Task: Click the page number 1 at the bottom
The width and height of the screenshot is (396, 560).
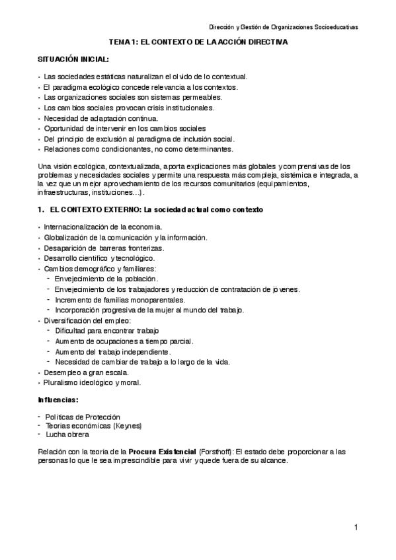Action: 355,527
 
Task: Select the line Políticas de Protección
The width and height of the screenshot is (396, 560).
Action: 82,417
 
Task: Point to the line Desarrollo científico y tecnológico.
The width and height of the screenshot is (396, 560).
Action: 99,258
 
